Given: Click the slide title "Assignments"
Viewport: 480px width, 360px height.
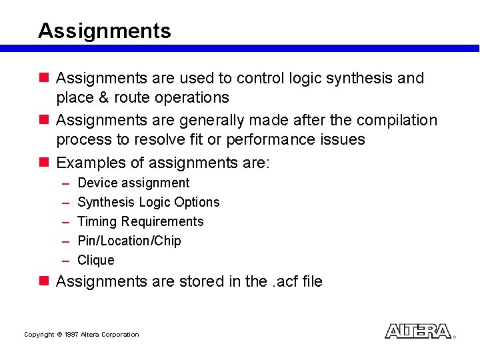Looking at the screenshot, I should pos(105,31).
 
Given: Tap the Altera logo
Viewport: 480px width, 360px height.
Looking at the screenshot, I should pos(418,331).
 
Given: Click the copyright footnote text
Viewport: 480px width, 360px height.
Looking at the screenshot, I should pos(81,335).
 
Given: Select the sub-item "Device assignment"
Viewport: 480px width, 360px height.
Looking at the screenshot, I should pos(133,183).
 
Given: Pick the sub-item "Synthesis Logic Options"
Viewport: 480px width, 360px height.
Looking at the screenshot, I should pos(148,202).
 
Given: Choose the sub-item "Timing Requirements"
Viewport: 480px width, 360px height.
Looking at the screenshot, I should pos(140,221).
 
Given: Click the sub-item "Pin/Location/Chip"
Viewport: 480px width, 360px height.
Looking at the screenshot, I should pos(129,241).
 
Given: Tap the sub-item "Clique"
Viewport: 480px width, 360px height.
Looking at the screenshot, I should pos(96,260).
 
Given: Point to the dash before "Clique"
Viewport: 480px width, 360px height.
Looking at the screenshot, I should pos(67,260).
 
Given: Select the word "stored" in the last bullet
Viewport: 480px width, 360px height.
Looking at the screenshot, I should pos(203,282).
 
